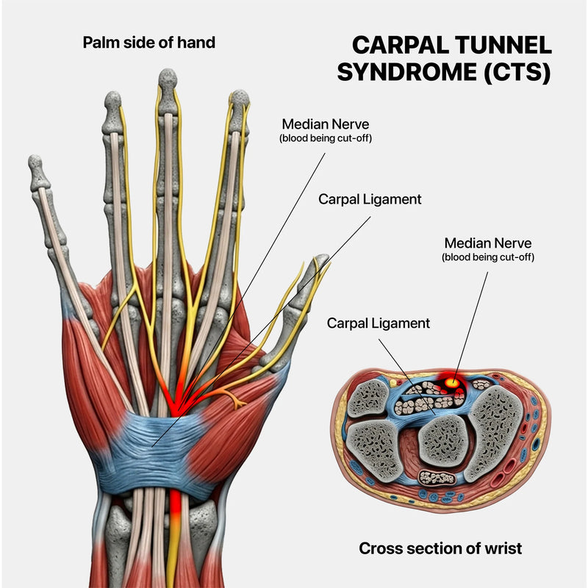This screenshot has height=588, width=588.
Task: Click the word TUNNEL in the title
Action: [x=501, y=45]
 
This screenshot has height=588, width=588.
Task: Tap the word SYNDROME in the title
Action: [x=407, y=72]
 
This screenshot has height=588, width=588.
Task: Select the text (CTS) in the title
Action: [x=517, y=72]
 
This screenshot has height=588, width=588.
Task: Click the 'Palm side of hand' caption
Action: [x=149, y=43]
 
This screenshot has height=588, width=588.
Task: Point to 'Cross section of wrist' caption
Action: [x=440, y=548]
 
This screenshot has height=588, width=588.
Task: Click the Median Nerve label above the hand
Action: [x=325, y=123]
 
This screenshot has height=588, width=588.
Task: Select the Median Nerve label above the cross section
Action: [x=487, y=243]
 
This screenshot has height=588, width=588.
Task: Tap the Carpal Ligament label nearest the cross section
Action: [x=378, y=323]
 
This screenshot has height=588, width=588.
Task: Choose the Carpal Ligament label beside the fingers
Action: [x=370, y=198]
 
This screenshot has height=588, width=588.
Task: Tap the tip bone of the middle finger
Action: [x=168, y=90]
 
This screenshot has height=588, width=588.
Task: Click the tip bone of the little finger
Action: [x=38, y=171]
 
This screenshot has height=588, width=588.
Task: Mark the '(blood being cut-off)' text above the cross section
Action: [x=487, y=257]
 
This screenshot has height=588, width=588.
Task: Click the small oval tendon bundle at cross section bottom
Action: [x=437, y=478]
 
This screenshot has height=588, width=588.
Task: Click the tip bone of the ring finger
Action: [x=112, y=112]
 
